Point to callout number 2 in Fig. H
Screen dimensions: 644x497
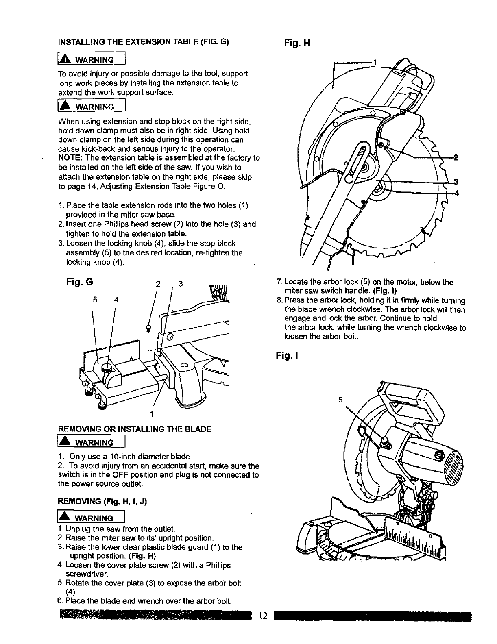(x=456, y=157)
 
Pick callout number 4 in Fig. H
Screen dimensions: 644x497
(x=456, y=193)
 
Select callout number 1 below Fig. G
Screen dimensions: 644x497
(x=151, y=414)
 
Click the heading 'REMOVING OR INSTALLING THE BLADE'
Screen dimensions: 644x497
(x=135, y=429)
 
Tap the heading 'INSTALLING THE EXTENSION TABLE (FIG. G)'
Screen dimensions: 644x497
(x=144, y=42)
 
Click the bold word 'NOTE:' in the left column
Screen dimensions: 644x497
(x=71, y=158)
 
